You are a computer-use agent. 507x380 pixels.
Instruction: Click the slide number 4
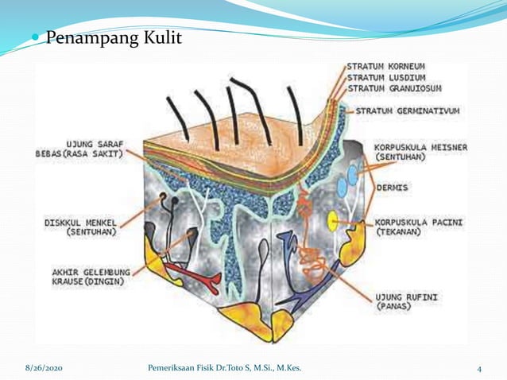[480, 369]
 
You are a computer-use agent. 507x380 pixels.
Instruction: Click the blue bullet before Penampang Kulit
[35, 38]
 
